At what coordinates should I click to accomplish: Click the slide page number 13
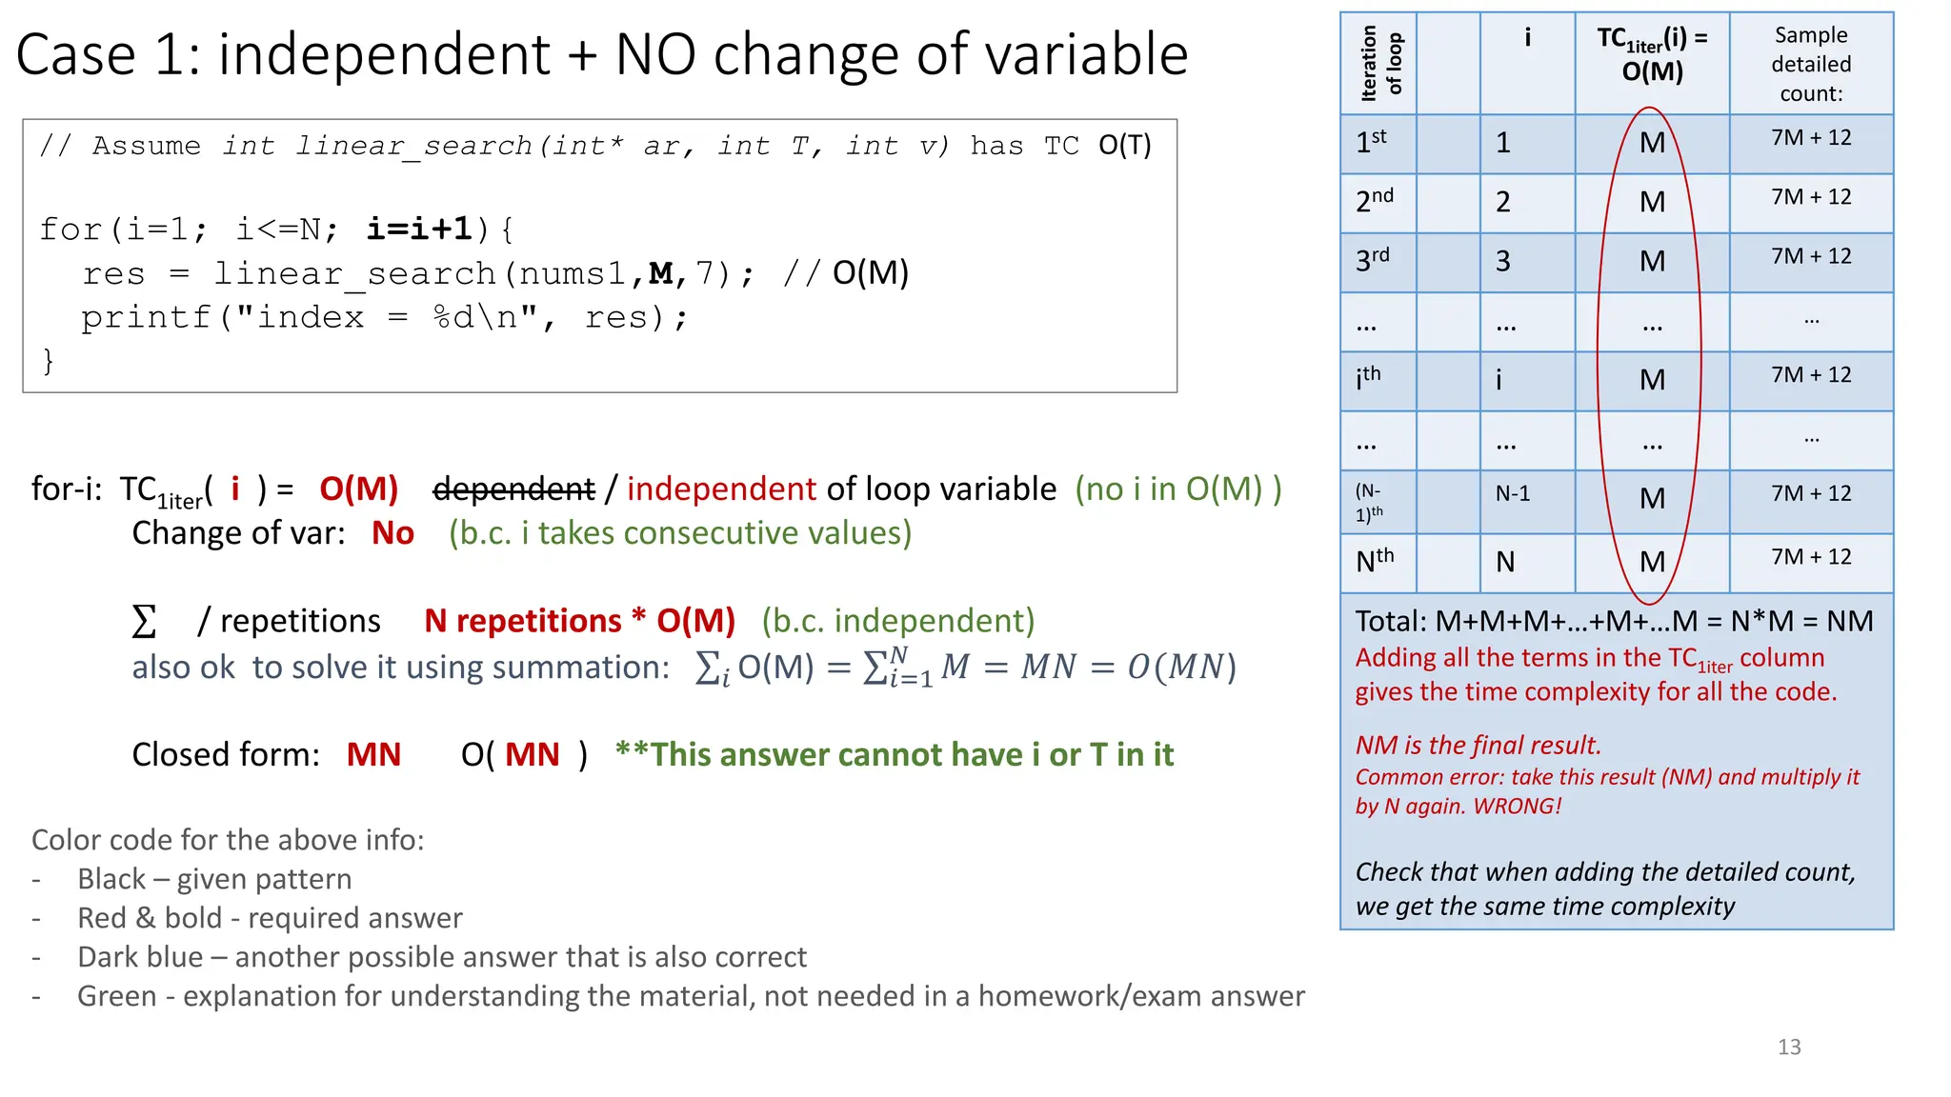pyautogui.click(x=1788, y=1047)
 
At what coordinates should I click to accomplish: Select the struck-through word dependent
pyautogui.click(x=513, y=489)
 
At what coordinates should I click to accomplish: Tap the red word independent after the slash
pyautogui.click(x=721, y=489)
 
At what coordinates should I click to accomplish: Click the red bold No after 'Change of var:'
pyautogui.click(x=392, y=533)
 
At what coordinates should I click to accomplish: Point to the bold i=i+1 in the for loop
pyautogui.click(x=420, y=229)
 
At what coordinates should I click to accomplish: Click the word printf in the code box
pyautogui.click(x=145, y=317)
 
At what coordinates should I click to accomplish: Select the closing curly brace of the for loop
pyautogui.click(x=48, y=361)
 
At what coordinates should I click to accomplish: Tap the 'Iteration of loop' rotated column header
pyautogui.click(x=1379, y=64)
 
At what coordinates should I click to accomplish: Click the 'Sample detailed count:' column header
pyautogui.click(x=1810, y=64)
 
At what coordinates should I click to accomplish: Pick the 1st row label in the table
pyautogui.click(x=1371, y=142)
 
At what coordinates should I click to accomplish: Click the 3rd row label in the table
pyautogui.click(x=1372, y=260)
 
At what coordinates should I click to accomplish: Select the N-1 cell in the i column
pyautogui.click(x=1512, y=493)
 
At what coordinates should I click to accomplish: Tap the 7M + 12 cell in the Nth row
pyautogui.click(x=1810, y=557)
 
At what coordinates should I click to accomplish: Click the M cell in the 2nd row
pyautogui.click(x=1652, y=202)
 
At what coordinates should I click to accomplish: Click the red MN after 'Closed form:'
pyautogui.click(x=373, y=755)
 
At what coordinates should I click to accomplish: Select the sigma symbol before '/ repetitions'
pyautogui.click(x=144, y=622)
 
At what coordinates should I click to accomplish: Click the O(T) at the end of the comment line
pyautogui.click(x=1124, y=145)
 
